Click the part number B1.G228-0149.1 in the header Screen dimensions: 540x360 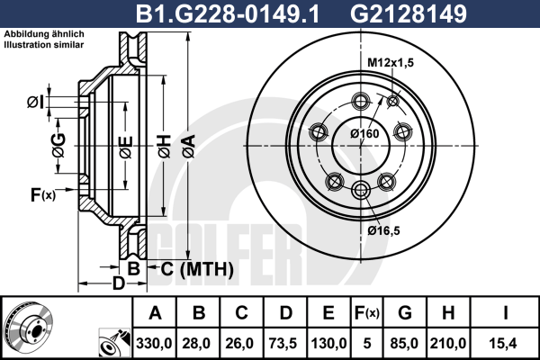tap(228, 13)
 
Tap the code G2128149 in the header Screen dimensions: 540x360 tap(409, 13)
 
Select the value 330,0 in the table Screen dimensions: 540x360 tap(154, 344)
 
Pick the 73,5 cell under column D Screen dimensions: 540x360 tap(284, 344)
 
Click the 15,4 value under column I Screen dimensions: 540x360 tap(503, 344)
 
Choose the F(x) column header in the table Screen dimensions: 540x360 tap(367, 313)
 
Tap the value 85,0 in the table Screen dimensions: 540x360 tap(404, 344)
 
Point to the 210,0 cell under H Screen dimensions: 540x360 tap(448, 344)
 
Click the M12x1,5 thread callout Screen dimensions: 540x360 tap(391, 63)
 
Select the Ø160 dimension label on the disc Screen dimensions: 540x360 tap(364, 133)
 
